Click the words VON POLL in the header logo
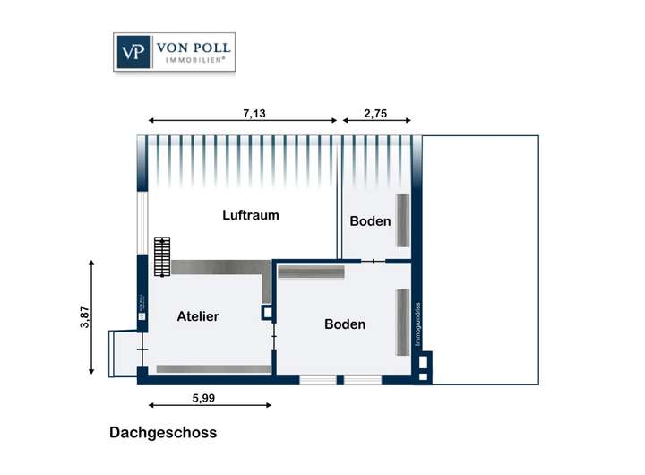pyautogui.click(x=193, y=48)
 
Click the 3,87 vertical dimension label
pyautogui.click(x=85, y=319)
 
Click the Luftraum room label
pyautogui.click(x=251, y=215)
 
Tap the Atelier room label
pyautogui.click(x=198, y=316)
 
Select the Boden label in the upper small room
pyautogui.click(x=370, y=220)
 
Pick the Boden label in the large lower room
pyautogui.click(x=345, y=324)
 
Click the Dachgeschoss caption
pyautogui.click(x=163, y=432)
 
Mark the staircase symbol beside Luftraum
pyautogui.click(x=161, y=257)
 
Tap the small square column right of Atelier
pyautogui.click(x=267, y=314)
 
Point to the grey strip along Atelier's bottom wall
pyautogui.click(x=213, y=369)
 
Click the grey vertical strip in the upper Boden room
pyautogui.click(x=403, y=220)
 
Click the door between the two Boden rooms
pyautogui.click(x=374, y=262)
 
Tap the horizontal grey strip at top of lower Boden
pyautogui.click(x=312, y=272)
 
